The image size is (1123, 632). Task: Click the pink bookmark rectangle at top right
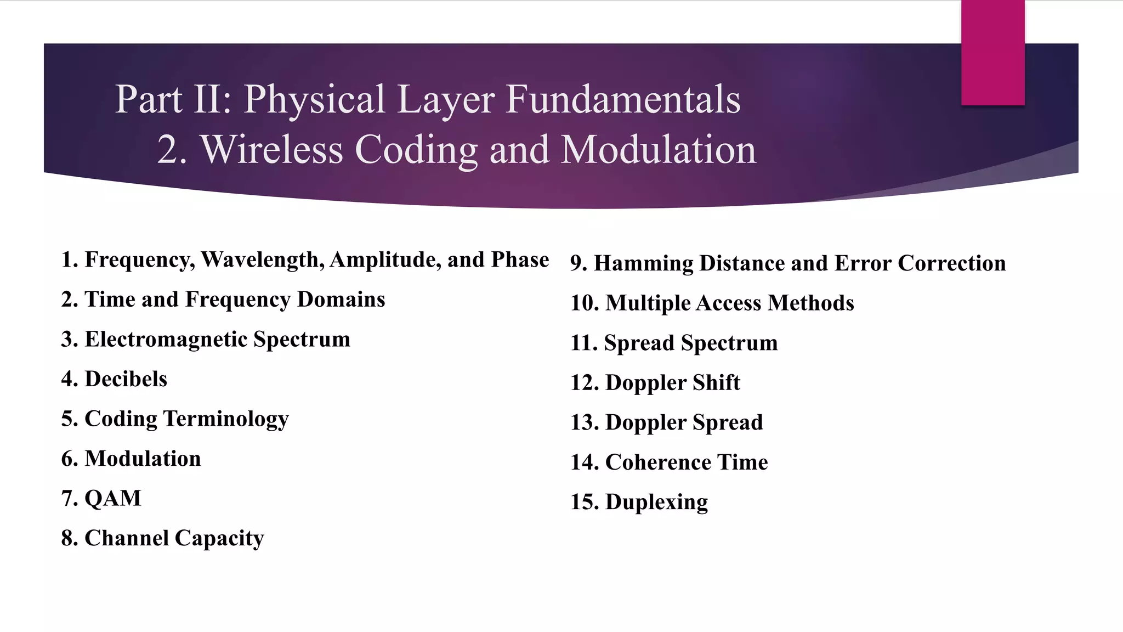(992, 52)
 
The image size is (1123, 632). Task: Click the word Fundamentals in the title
(623, 99)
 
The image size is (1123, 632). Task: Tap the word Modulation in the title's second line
(659, 150)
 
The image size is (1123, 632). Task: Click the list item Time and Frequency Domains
(223, 300)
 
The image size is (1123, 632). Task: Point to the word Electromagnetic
(166, 339)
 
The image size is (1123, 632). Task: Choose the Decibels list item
(115, 379)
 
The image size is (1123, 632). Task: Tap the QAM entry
(101, 498)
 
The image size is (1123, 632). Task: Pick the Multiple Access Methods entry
(712, 303)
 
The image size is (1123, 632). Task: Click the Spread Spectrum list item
(674, 343)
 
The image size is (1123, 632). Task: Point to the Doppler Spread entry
(667, 422)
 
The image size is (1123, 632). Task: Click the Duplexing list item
(639, 502)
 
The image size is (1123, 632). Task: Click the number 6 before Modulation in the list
(67, 459)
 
